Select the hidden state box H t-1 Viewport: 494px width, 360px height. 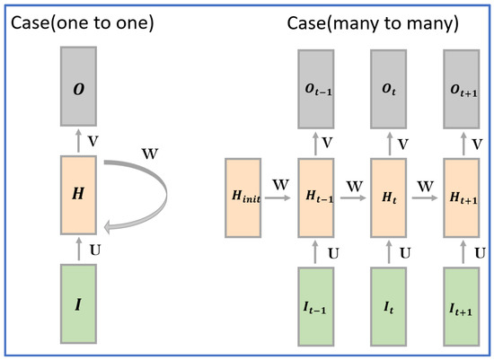(316, 198)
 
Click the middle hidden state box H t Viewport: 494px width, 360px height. (389, 198)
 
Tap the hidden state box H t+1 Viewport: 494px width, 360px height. (462, 198)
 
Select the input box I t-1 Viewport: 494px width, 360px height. (316, 306)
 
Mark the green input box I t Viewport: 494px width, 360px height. (389, 306)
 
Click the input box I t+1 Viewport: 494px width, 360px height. (462, 306)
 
